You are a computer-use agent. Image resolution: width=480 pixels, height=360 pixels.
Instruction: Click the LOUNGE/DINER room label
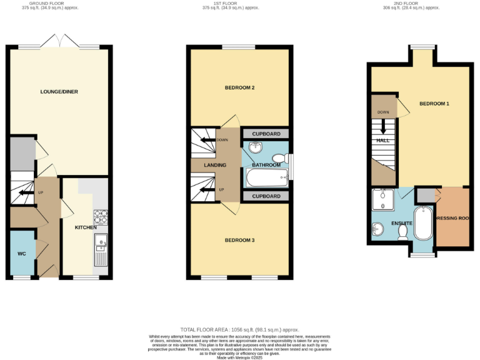pos(59,92)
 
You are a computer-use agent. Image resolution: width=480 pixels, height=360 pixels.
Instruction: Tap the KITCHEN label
pos(86,227)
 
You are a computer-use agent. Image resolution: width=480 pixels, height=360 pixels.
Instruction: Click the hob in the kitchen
pos(101,217)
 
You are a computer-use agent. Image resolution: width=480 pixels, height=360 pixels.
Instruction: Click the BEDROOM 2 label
pos(239,87)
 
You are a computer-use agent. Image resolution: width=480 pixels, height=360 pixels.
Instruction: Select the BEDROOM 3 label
pos(239,239)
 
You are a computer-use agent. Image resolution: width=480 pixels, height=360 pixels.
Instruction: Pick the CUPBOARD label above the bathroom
pos(266,134)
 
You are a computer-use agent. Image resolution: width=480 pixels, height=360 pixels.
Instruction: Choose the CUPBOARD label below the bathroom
pos(266,196)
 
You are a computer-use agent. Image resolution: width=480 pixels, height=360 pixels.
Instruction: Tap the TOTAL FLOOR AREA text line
pos(239,329)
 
